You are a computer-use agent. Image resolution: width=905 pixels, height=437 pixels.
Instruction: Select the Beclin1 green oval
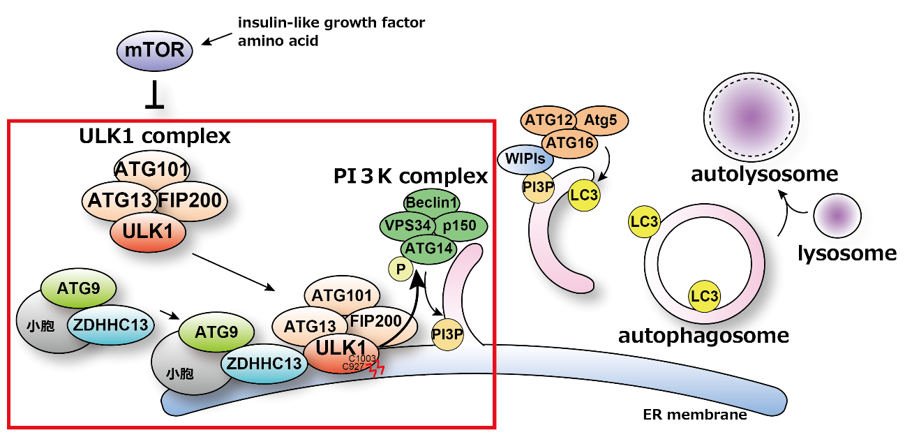click(x=432, y=203)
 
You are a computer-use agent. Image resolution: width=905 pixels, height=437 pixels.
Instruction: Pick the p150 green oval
click(x=460, y=226)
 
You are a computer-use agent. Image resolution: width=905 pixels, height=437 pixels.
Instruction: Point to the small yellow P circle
click(x=401, y=269)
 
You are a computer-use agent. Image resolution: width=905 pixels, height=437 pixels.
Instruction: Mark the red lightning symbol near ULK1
click(x=377, y=369)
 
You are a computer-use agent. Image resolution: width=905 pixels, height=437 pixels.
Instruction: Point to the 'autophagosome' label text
click(x=703, y=336)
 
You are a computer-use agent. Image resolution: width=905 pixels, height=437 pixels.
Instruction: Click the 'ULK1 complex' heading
click(x=154, y=136)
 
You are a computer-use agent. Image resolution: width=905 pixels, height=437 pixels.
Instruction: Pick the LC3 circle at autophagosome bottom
click(x=704, y=296)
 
